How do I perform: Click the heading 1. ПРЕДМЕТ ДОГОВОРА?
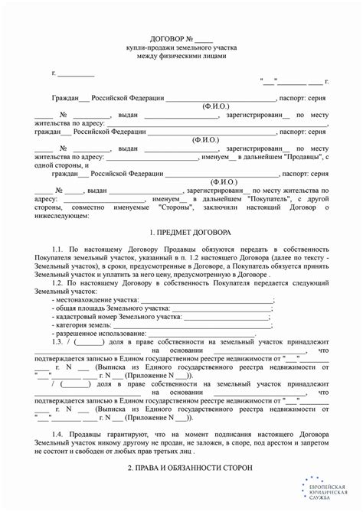[x=181, y=232]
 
